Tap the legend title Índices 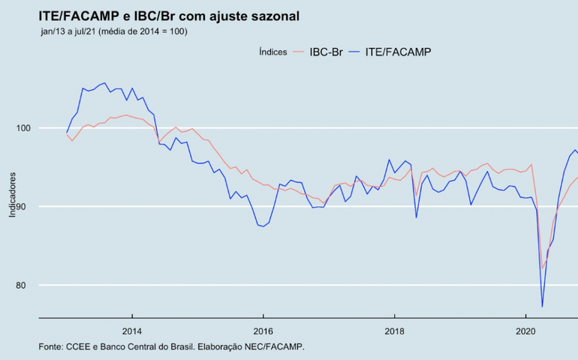[x=272, y=52]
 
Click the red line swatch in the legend [x=299, y=52]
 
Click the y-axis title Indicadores [x=13, y=193]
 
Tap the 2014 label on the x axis [x=132, y=331]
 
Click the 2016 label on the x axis [x=263, y=331]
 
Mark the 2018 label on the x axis [x=394, y=331]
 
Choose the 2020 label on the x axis [x=525, y=331]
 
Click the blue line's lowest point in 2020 [x=542, y=306]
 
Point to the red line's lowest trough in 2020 [x=542, y=268]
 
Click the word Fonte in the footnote [x=51, y=346]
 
